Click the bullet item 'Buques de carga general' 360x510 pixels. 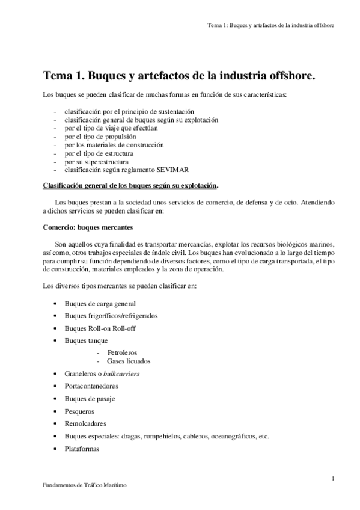pyautogui.click(x=100, y=304)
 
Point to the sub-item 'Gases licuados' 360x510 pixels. pyautogui.click(x=129, y=361)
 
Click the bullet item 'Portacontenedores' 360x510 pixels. pyautogui.click(x=91, y=386)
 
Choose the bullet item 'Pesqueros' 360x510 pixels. pyautogui.click(x=79, y=411)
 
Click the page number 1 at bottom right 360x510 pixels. pyautogui.click(x=332, y=478)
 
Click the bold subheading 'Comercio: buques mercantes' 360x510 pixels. pyautogui.click(x=88, y=229)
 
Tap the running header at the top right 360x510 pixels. pyautogui.click(x=270, y=26)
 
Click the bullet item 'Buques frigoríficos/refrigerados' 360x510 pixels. pyautogui.click(x=111, y=316)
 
